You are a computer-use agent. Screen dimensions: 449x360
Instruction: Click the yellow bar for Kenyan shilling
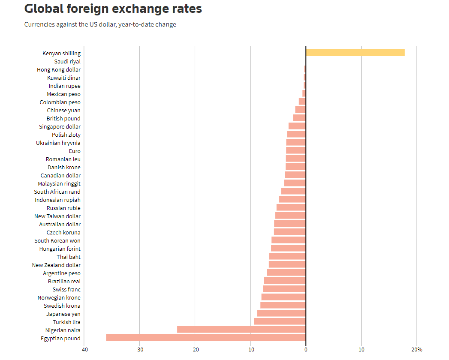tap(355, 53)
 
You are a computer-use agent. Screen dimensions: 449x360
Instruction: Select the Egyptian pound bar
tap(206, 338)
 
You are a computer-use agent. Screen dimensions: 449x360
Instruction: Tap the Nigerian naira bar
tap(241, 330)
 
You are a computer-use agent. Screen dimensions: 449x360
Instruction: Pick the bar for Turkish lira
tap(280, 321)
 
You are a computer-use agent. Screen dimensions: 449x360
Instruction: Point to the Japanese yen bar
tap(281, 313)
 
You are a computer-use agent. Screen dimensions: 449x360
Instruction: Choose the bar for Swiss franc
tap(284, 289)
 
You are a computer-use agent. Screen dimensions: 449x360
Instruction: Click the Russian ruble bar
tap(291, 207)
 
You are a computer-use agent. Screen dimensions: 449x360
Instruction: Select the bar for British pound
tap(299, 118)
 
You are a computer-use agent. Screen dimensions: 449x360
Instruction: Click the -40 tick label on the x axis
tap(84, 350)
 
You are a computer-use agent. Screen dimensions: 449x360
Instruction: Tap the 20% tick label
tap(417, 350)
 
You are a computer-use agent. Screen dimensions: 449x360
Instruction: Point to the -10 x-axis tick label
tap(250, 350)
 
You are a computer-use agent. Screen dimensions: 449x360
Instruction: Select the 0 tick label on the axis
tap(306, 350)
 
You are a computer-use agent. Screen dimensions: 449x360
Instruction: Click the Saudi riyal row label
tap(68, 62)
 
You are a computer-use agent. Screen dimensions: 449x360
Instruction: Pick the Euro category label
tap(75, 151)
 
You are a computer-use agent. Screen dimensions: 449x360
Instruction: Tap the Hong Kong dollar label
tap(59, 70)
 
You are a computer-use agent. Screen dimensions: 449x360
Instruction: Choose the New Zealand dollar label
tap(57, 265)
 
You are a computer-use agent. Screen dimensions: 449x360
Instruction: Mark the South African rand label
tap(57, 192)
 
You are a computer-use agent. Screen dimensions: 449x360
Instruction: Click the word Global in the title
tap(44, 9)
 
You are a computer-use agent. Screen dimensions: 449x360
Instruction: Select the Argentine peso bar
tap(286, 273)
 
